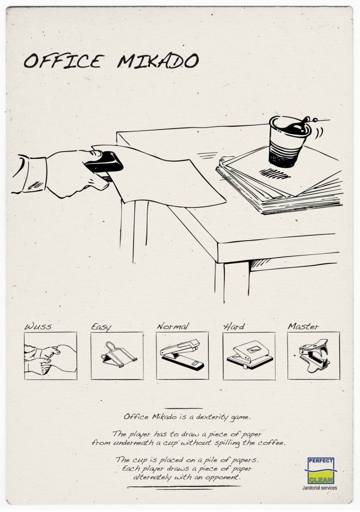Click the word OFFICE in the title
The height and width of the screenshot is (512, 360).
click(x=64, y=61)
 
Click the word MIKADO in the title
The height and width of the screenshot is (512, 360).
click(x=158, y=61)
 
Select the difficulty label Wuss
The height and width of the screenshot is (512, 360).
click(x=38, y=326)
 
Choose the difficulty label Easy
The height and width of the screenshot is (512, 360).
click(x=101, y=327)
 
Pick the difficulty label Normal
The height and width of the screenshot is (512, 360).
click(x=173, y=326)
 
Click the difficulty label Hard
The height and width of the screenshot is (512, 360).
click(x=233, y=326)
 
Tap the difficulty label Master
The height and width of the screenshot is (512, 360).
click(x=303, y=326)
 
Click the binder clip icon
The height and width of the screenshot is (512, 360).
click(x=117, y=355)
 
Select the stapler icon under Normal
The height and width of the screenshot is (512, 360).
click(x=182, y=355)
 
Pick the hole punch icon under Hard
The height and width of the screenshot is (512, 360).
click(x=250, y=355)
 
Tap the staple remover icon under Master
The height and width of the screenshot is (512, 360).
click(x=314, y=355)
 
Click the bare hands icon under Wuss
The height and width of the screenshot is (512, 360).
click(x=50, y=359)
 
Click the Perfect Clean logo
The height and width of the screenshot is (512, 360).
click(x=321, y=470)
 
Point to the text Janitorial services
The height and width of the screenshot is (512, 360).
click(x=319, y=488)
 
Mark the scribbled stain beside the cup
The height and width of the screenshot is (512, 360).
click(x=275, y=174)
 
